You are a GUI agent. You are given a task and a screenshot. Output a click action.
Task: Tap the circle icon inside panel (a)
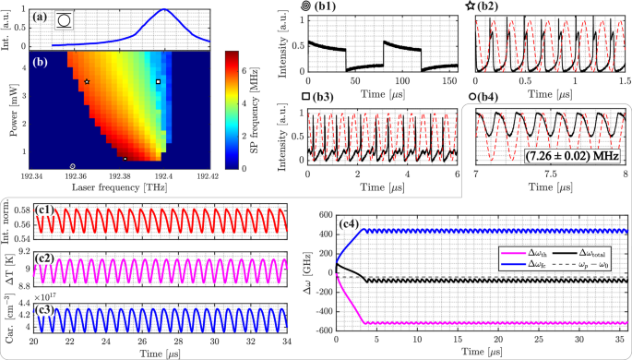(63, 18)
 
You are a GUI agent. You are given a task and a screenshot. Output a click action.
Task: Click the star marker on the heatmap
(87, 82)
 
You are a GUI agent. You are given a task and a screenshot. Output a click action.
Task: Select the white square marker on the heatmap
(159, 82)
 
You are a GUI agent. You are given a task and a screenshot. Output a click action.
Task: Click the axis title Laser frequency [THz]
(120, 186)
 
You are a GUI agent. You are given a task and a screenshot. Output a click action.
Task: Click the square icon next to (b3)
(305, 96)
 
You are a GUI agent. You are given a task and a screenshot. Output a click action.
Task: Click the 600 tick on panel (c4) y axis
(326, 215)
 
